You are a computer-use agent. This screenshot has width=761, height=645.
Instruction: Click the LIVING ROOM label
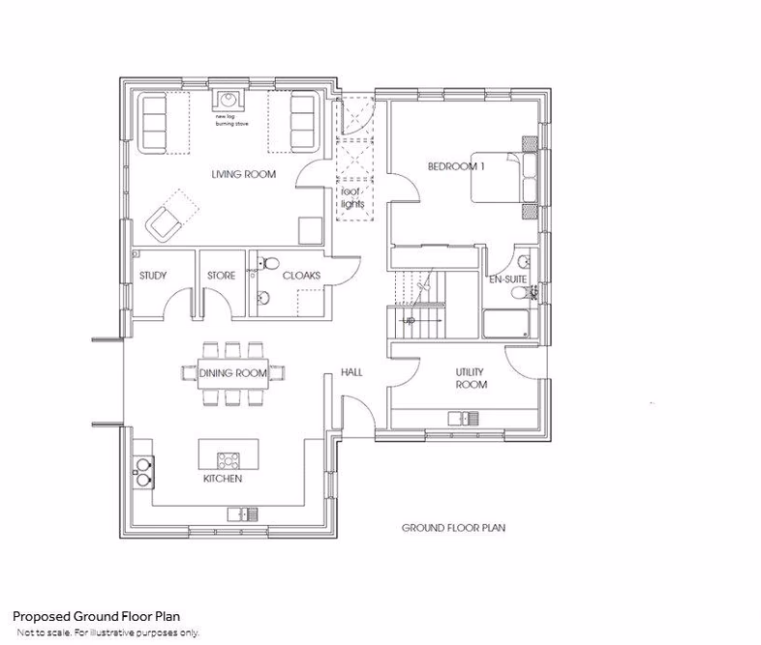(244, 175)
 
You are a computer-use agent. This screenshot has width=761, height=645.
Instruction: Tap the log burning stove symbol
(228, 100)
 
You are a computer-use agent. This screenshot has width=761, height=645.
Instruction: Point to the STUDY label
(153, 276)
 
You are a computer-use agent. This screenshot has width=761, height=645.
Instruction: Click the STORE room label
(221, 276)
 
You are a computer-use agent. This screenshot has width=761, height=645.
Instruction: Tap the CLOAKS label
(301, 276)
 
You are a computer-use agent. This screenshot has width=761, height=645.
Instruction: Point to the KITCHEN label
(222, 480)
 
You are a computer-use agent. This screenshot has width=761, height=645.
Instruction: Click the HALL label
(351, 372)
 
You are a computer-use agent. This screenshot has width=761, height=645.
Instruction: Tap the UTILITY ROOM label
(471, 378)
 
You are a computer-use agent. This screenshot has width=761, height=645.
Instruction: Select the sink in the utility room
(462, 418)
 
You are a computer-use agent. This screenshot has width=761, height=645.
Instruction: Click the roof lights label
(350, 197)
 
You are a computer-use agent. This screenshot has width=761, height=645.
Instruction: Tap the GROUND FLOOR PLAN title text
(454, 529)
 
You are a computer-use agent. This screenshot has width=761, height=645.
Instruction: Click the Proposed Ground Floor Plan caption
(96, 616)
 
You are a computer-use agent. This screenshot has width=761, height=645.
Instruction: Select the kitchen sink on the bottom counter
(239, 513)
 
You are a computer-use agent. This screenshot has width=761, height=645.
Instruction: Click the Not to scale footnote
(107, 632)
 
